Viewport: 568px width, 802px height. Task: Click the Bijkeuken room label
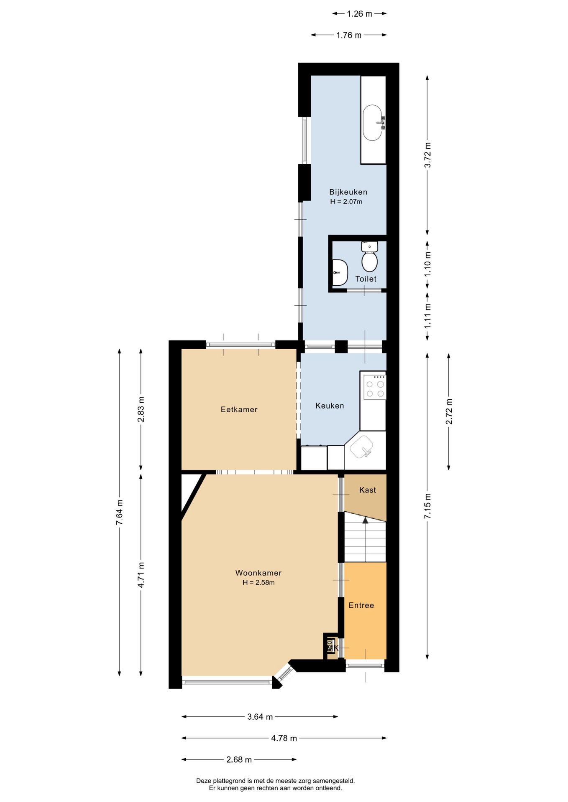coord(348,192)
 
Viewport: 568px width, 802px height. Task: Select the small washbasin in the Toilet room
coord(339,272)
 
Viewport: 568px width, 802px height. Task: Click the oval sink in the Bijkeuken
coord(372,123)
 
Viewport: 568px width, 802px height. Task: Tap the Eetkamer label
coord(239,410)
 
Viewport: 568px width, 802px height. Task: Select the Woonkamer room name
coord(258,573)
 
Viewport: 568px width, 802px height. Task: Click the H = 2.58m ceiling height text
coord(258,583)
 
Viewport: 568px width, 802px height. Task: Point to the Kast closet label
coord(367,490)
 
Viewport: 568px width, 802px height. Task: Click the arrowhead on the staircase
coord(365,520)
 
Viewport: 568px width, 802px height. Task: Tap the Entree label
coord(361,605)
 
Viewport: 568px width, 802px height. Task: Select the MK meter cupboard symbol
coord(332,647)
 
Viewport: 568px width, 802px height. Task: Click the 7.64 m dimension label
coord(120,512)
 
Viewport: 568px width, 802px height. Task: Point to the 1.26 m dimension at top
coord(359,14)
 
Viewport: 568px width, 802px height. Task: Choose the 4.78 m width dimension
coord(284,738)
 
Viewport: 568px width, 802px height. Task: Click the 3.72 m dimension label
coord(427,155)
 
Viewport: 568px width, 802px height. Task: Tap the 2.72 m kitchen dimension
coord(449,411)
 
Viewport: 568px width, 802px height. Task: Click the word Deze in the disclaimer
coord(204,781)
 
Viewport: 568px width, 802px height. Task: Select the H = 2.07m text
coord(346,202)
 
